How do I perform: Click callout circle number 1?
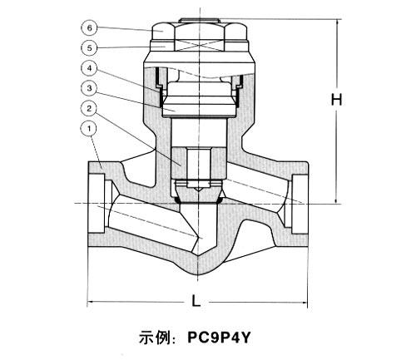click(x=89, y=129)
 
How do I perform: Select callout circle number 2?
click(x=89, y=109)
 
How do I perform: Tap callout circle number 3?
click(x=89, y=88)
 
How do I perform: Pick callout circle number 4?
click(x=89, y=68)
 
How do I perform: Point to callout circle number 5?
click(x=89, y=48)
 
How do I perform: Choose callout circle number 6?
click(x=89, y=27)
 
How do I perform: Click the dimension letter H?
click(x=337, y=100)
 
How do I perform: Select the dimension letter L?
click(x=196, y=300)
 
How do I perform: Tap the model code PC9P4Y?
click(x=219, y=338)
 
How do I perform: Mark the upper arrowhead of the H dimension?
click(x=337, y=22)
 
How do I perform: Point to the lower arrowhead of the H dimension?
click(x=337, y=200)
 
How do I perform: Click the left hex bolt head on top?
click(x=163, y=32)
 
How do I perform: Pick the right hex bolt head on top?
click(x=235, y=32)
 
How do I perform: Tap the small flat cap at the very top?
click(x=199, y=21)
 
